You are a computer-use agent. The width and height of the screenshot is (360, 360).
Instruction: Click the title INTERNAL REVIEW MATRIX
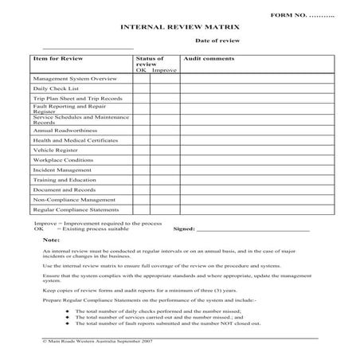(179, 27)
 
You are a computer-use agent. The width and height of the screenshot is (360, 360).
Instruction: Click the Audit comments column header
(209, 59)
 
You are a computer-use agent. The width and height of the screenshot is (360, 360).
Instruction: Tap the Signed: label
(184, 229)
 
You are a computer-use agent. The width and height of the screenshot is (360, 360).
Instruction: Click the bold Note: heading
(51, 240)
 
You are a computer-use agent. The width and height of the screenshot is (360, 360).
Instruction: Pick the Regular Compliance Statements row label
(76, 211)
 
